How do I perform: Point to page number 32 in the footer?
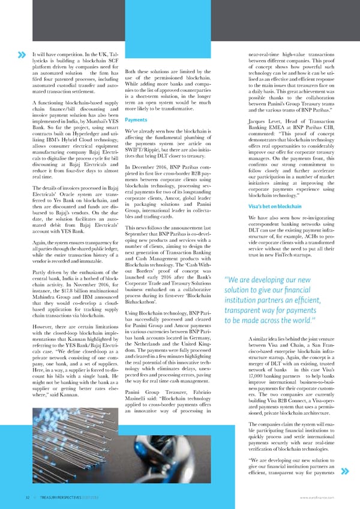point(22,496)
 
